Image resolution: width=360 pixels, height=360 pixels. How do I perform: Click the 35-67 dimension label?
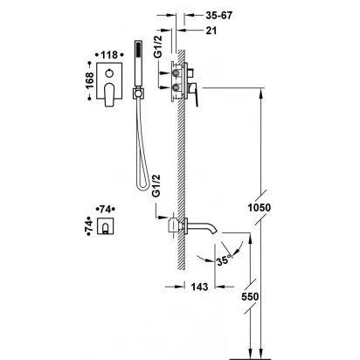pyautogui.click(x=219, y=16)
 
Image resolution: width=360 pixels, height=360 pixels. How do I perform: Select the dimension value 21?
pyautogui.click(x=211, y=31)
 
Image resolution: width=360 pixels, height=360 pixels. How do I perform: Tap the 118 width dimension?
pyautogui.click(x=109, y=55)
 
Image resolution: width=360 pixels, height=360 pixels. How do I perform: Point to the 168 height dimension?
pyautogui.click(x=90, y=80)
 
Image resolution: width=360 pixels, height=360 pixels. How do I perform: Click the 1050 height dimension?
pyautogui.click(x=260, y=208)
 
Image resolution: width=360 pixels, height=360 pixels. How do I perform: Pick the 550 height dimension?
pyautogui.click(x=250, y=297)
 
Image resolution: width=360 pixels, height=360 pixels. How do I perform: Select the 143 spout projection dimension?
pyautogui.click(x=199, y=287)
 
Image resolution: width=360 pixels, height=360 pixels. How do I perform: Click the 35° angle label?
pyautogui.click(x=224, y=260)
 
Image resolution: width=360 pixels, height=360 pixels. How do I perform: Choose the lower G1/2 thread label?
pyautogui.click(x=157, y=185)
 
